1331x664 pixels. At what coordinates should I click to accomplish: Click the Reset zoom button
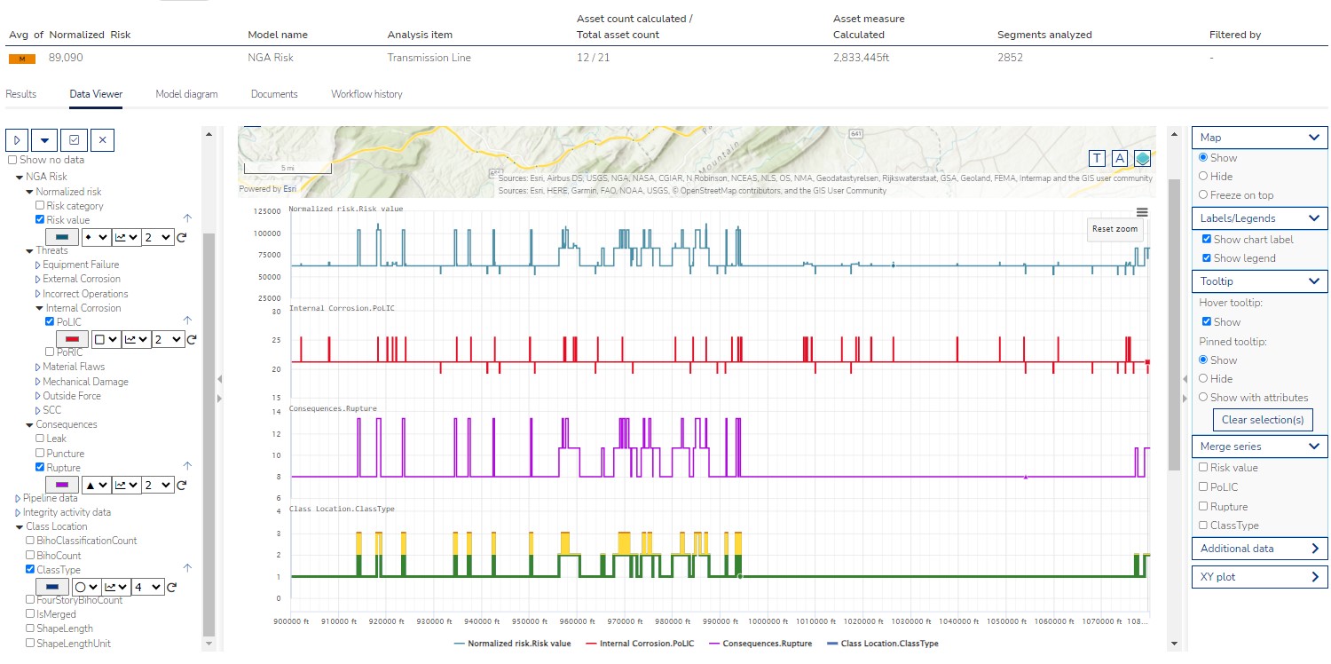pos(1114,229)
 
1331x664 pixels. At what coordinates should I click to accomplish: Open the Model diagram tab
pos(186,94)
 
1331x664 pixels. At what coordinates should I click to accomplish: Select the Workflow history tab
pos(366,94)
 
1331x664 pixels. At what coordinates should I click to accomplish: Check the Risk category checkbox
pos(40,206)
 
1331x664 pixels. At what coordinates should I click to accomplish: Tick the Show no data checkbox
pos(12,160)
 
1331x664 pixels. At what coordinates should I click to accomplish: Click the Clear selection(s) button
pos(1262,420)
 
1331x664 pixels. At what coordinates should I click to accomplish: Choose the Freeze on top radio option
pos(1203,195)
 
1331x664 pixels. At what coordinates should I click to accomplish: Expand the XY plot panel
pos(1258,577)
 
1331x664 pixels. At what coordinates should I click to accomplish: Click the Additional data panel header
pos(1258,549)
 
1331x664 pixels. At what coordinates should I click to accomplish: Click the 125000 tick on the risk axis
pos(266,211)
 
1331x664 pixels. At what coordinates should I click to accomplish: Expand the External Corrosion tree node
pos(37,280)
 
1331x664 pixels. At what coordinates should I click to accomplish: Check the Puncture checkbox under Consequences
pos(40,454)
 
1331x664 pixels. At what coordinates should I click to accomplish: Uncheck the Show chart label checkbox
pos(1206,240)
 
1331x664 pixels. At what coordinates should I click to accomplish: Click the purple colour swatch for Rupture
pos(62,486)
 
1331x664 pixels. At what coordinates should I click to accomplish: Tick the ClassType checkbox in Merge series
pos(1203,526)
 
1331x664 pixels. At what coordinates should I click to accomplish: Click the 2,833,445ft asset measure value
pos(861,58)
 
